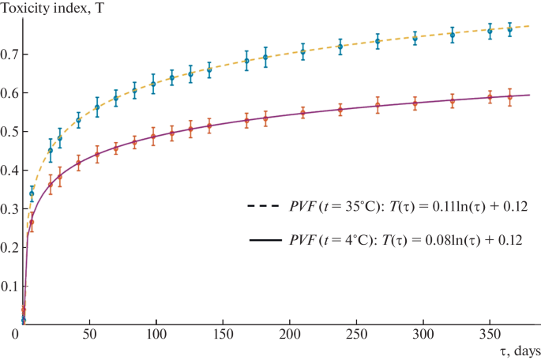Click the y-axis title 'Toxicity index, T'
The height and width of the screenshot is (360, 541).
(52, 7)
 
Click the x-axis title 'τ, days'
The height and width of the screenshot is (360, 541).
(520, 352)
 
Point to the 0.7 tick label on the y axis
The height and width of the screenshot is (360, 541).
(9, 54)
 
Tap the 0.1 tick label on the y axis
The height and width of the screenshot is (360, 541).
(9, 287)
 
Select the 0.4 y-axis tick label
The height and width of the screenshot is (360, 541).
(9, 171)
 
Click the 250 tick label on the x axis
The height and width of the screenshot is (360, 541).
(356, 334)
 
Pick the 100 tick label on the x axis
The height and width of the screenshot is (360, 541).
(156, 334)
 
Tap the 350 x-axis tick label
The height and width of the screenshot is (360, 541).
(490, 334)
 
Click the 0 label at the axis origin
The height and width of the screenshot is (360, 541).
(15, 334)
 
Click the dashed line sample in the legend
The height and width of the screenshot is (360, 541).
(263, 206)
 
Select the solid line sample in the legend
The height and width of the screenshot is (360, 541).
(265, 240)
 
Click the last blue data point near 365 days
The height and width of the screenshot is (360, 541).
(509, 30)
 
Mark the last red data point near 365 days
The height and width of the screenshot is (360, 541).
(509, 97)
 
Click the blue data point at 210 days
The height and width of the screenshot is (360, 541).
(303, 52)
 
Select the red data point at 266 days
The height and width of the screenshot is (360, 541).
(378, 105)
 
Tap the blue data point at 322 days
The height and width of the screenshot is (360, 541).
(453, 35)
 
